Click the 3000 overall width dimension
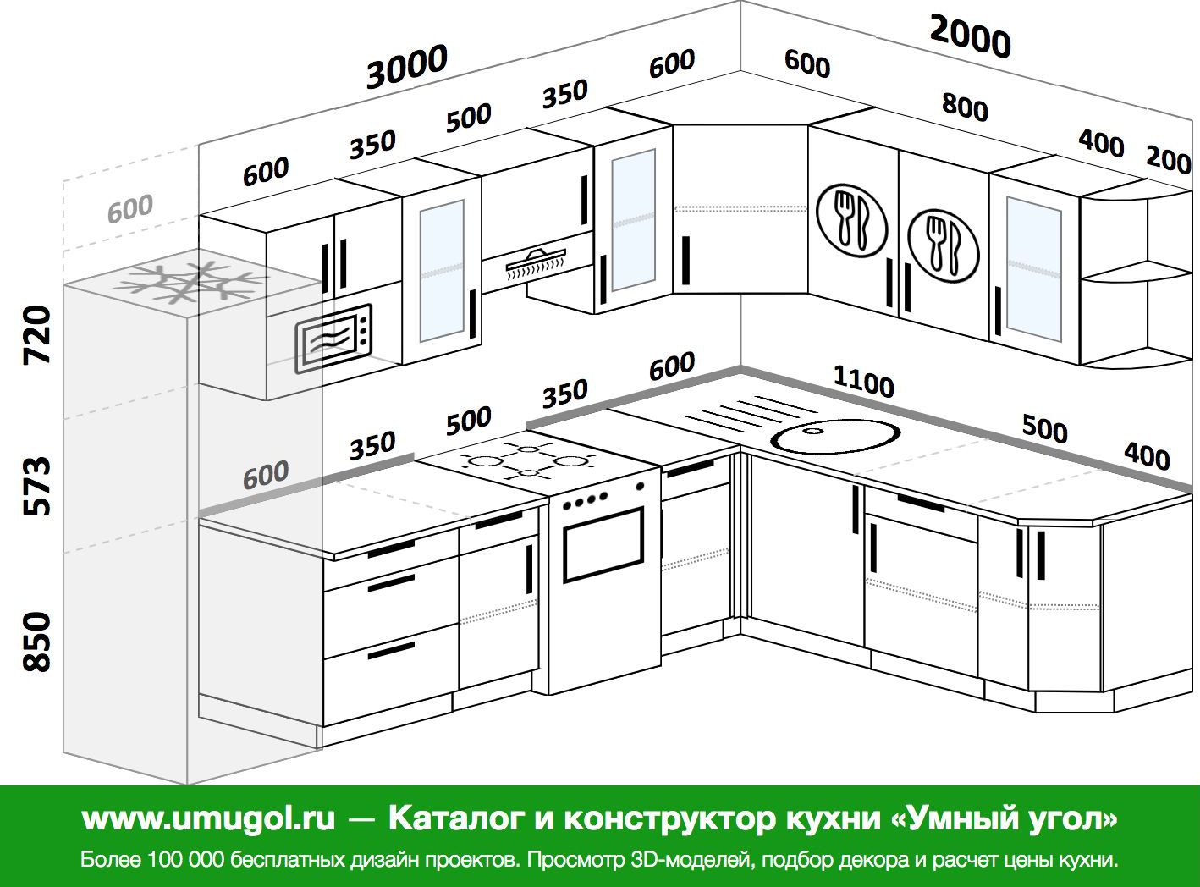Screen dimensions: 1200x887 407,66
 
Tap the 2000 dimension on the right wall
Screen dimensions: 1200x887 970,36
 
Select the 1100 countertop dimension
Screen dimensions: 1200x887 863,382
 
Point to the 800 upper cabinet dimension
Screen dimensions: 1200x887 965,107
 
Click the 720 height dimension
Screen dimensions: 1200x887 38,334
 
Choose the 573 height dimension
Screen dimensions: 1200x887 38,486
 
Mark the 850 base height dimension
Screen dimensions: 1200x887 38,642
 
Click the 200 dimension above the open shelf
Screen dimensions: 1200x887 1169,160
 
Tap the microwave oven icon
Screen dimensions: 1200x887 333,339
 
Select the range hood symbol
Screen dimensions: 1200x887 537,263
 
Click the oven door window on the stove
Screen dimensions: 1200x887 603,544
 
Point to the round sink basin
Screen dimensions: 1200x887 835,435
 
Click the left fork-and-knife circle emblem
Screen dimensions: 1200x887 851,220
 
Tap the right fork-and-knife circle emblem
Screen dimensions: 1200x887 943,245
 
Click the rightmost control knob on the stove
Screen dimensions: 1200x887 640,486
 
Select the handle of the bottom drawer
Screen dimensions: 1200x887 391,652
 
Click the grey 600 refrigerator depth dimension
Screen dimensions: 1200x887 129,209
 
